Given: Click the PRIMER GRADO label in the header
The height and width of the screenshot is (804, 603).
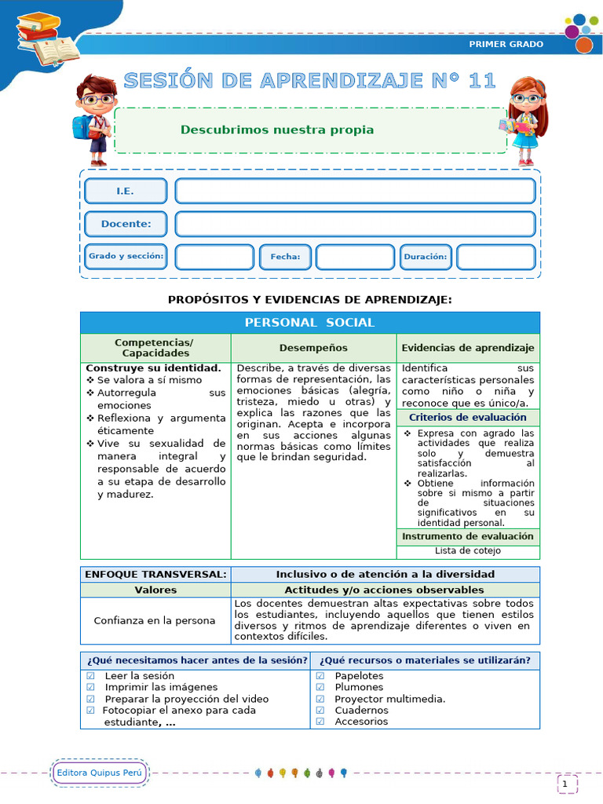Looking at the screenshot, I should [506, 44].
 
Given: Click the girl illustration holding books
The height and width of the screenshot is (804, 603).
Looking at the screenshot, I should [524, 119].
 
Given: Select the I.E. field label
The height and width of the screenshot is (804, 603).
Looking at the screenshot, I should [126, 191].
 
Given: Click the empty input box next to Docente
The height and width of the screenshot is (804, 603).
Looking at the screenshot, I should [355, 224].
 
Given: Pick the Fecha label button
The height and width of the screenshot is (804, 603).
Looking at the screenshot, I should [285, 257].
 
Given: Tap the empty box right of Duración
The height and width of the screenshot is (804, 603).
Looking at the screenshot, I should [495, 257].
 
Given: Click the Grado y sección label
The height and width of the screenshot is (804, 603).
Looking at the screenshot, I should [126, 257].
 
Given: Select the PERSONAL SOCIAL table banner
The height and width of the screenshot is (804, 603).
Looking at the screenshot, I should [309, 323].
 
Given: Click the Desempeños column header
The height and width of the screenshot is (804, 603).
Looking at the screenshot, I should [313, 348].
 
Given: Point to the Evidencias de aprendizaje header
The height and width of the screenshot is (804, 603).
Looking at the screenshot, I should [468, 348].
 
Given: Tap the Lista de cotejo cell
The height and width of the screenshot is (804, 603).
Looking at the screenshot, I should [468, 551].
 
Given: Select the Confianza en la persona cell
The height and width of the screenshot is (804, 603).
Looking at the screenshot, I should [155, 620].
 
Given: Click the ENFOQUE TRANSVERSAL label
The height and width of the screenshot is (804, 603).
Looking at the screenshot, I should [155, 574].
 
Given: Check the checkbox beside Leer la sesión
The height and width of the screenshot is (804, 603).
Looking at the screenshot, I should [90, 676].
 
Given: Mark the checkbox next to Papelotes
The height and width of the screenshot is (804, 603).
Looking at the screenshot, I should [320, 676].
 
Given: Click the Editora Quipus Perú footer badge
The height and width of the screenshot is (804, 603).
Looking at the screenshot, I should [100, 773].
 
